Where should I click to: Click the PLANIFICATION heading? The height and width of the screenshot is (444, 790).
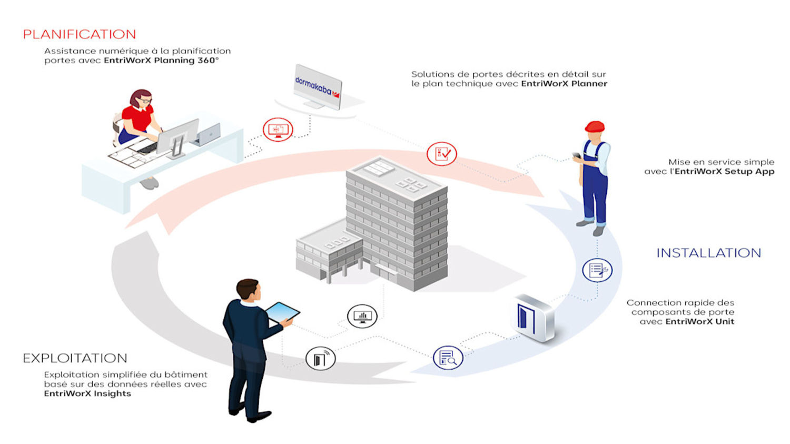[80, 35]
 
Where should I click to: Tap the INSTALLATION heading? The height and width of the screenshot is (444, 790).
[708, 253]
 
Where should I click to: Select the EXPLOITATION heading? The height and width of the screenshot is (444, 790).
[75, 358]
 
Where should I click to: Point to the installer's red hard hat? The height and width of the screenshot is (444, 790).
[595, 126]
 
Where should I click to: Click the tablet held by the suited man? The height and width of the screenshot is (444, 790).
[282, 312]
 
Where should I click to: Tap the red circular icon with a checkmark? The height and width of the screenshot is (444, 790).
[441, 154]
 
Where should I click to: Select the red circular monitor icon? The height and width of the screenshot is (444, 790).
[278, 129]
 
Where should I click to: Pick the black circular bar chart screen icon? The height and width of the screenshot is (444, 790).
[362, 316]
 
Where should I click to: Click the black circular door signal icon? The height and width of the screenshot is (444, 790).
[320, 359]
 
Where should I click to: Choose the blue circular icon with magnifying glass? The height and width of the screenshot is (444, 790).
[448, 358]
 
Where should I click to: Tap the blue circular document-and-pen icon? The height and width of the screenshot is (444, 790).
[597, 270]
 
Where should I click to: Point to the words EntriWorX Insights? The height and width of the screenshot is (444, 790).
[87, 393]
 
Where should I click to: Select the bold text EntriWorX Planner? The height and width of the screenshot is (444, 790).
[564, 84]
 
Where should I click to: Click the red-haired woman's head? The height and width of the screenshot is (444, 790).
[141, 99]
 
